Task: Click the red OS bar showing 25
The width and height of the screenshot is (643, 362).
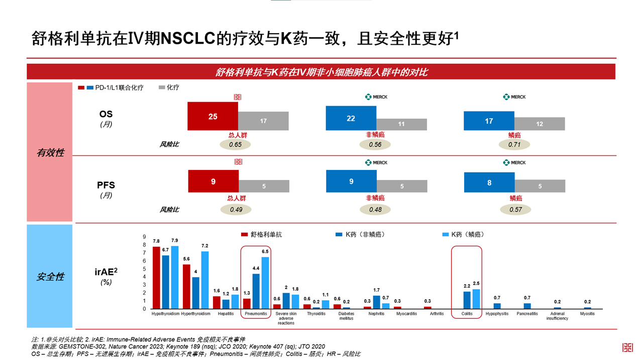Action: click(x=212, y=116)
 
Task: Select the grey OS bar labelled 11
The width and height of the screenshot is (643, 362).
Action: click(x=401, y=124)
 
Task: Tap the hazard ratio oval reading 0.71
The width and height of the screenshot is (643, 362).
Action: click(x=514, y=145)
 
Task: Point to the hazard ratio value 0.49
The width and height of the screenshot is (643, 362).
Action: click(x=236, y=210)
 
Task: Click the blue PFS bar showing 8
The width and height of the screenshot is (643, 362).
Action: click(x=489, y=183)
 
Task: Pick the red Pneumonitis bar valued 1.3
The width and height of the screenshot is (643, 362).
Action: click(x=247, y=304)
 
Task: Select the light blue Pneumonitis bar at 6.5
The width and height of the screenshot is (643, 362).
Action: click(x=265, y=283)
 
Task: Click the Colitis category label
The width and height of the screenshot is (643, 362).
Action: click(x=467, y=314)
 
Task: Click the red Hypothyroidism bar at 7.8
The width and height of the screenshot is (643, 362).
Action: click(x=156, y=278)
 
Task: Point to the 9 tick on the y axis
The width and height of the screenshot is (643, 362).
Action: click(x=144, y=237)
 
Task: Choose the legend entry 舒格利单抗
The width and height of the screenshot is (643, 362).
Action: click(x=266, y=234)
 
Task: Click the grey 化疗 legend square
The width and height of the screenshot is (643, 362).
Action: click(x=162, y=87)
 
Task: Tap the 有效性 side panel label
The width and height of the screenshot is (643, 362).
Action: click(x=50, y=152)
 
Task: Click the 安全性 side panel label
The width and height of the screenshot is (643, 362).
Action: click(x=50, y=277)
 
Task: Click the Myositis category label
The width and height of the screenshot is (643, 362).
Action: click(x=587, y=314)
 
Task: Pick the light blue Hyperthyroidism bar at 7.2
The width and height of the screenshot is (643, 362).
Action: click(x=204, y=280)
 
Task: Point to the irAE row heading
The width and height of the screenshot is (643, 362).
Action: click(x=106, y=272)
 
